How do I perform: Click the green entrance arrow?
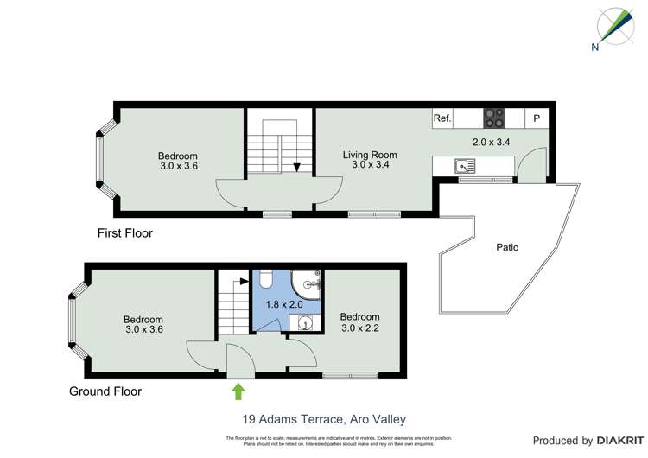coord(238,391)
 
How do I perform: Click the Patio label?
coord(507,247)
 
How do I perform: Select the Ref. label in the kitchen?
coord(442,118)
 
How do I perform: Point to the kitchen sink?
coord(464,164)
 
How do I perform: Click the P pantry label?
coord(537,118)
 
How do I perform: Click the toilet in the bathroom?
coord(266,277)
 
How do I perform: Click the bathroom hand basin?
coord(305,321)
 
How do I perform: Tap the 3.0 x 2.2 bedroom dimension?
coord(359,328)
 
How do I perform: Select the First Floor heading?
coord(124,233)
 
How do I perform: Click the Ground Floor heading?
coord(105,391)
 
